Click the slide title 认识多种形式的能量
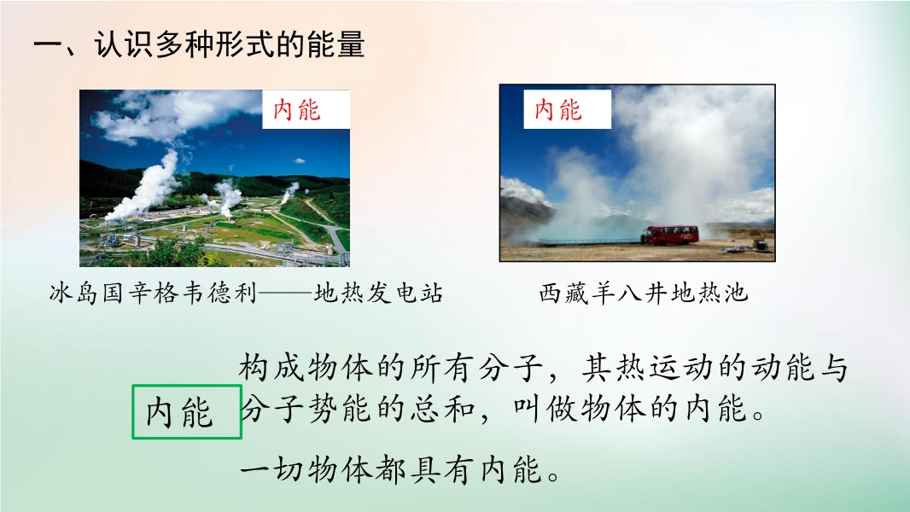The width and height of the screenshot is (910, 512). pyautogui.click(x=230, y=44)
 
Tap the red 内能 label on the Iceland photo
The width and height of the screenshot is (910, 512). pyautogui.click(x=297, y=109)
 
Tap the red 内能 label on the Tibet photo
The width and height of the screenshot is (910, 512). pyautogui.click(x=558, y=109)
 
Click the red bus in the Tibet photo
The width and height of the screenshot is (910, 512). pyautogui.click(x=670, y=235)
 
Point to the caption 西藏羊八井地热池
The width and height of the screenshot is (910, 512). pyautogui.click(x=643, y=293)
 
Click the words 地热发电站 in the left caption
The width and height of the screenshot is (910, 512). pyautogui.click(x=378, y=293)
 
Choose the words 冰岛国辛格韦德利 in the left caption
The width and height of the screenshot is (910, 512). pyautogui.click(x=153, y=293)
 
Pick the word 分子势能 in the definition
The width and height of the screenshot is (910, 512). pyautogui.click(x=306, y=409)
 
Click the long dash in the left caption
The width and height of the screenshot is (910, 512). pyautogui.click(x=285, y=294)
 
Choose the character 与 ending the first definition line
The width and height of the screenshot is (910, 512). pyautogui.click(x=833, y=368)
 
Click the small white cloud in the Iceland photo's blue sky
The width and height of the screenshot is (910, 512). pyautogui.click(x=298, y=160)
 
